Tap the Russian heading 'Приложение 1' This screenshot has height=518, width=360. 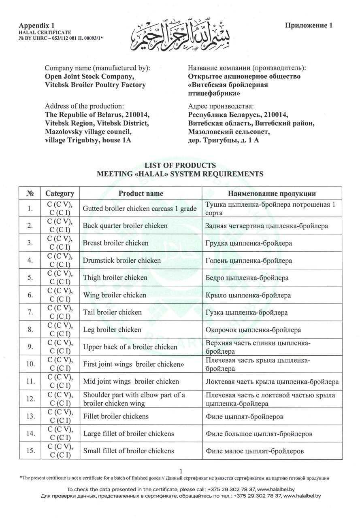[309, 25]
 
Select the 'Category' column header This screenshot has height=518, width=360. [60, 193]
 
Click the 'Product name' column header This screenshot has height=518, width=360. [141, 193]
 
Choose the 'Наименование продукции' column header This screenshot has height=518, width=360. [272, 193]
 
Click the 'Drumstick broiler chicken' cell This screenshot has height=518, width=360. [122, 261]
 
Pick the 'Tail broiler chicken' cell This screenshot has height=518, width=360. [113, 312]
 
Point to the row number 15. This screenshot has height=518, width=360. [30, 451]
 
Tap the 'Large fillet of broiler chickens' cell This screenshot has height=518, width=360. [128, 433]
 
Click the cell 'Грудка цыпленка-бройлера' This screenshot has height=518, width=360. [249, 243]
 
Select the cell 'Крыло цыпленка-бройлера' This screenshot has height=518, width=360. [248, 295]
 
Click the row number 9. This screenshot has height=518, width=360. [30, 347]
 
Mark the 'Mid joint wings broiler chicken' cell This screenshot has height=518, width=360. [131, 381]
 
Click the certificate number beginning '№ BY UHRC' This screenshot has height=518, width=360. [61, 38]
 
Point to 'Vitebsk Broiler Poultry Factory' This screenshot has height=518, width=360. [95, 85]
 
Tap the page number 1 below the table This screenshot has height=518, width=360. [181, 471]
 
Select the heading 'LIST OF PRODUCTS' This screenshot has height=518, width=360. [180, 166]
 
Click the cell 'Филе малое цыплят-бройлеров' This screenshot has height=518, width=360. [255, 451]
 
